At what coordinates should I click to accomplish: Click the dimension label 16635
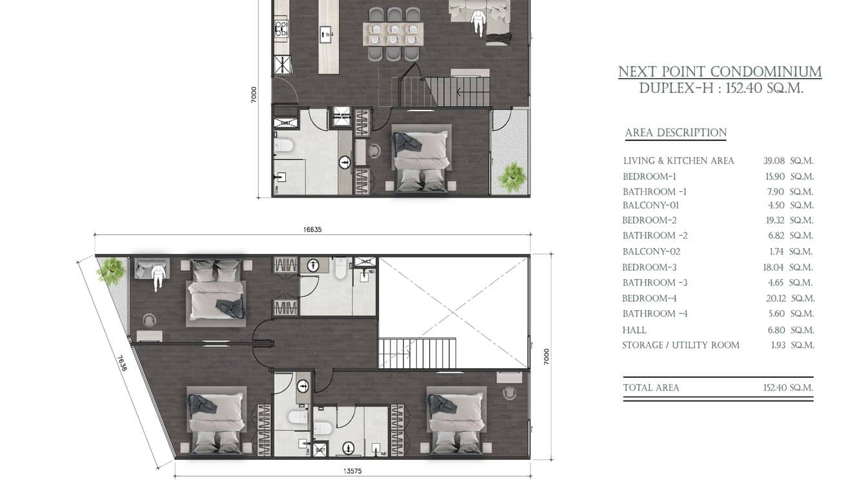tap(312, 229)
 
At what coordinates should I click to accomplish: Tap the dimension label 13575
tap(352, 471)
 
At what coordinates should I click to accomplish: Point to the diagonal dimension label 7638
tap(122, 363)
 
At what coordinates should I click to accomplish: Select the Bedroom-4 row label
tap(649, 298)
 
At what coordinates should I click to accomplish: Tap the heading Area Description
tap(676, 132)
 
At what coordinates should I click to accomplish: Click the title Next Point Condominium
tap(720, 72)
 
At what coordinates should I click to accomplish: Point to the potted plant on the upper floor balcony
tap(512, 177)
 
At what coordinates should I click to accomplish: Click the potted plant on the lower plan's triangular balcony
tap(112, 271)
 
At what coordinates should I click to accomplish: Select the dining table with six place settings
tap(393, 34)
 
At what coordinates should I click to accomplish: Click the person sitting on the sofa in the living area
tap(479, 22)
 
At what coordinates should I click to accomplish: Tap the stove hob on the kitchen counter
tap(281, 28)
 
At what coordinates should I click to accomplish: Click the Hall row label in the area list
tap(634, 330)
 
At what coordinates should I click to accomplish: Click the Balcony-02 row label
tap(651, 251)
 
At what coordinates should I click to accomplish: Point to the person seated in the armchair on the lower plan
tap(158, 275)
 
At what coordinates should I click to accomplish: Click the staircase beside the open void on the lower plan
tap(417, 353)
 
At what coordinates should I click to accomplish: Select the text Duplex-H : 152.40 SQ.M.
tap(721, 88)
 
